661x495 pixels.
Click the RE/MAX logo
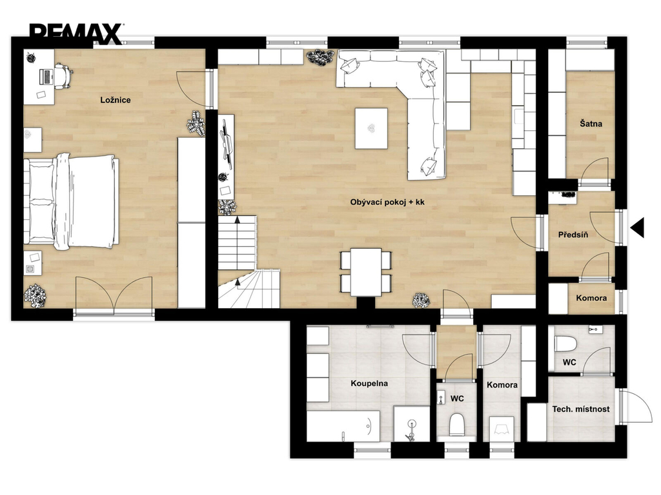pyautogui.click(x=76, y=34)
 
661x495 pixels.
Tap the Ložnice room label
pyautogui.click(x=115, y=100)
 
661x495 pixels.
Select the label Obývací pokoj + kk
pyautogui.click(x=387, y=202)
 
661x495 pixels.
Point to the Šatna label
pyautogui.click(x=591, y=124)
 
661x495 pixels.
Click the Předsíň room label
pyautogui.click(x=573, y=235)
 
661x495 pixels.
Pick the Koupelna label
pyautogui.click(x=369, y=383)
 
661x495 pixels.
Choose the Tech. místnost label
pyautogui.click(x=581, y=409)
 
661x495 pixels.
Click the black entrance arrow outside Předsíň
pyautogui.click(x=637, y=228)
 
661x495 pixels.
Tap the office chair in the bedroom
pyautogui.click(x=63, y=76)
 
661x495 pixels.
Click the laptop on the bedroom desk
pyautogui.click(x=46, y=76)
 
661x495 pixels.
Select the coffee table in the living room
pyautogui.click(x=371, y=128)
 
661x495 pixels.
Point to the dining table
pyautogui.click(x=366, y=272)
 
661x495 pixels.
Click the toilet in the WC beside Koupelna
pyautogui.click(x=457, y=425)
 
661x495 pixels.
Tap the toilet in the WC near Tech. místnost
pyautogui.click(x=565, y=344)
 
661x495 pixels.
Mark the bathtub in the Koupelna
pyautogui.click(x=343, y=426)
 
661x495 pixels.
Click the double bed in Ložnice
pyautogui.click(x=71, y=202)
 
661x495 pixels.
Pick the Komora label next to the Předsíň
pyautogui.click(x=591, y=298)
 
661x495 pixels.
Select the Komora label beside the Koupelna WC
pyautogui.click(x=502, y=385)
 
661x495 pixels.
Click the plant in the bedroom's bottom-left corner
pyautogui.click(x=35, y=294)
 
